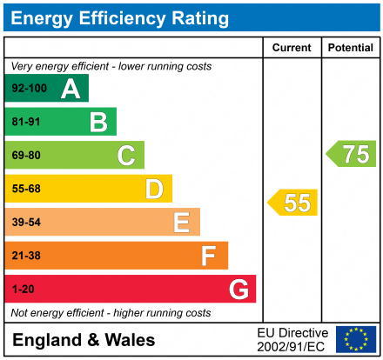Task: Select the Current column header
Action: pos(292,48)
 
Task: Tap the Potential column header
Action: pos(351,48)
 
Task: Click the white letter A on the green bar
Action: pos(71,88)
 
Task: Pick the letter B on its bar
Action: pos(98,122)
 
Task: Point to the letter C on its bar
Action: pos(126,156)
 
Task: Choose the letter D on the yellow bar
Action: pos(154,189)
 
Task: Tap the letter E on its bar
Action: pos(181,223)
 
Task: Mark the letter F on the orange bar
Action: pos(209,256)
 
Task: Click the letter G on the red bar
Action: pos(237,290)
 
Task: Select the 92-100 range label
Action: pos(29,89)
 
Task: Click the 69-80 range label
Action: pos(26,156)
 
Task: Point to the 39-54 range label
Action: pos(26,223)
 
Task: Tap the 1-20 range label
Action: pos(24,290)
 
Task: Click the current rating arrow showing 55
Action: pos(293,203)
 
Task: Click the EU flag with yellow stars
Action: pos(356,339)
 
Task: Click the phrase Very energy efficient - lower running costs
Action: pos(111,66)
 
